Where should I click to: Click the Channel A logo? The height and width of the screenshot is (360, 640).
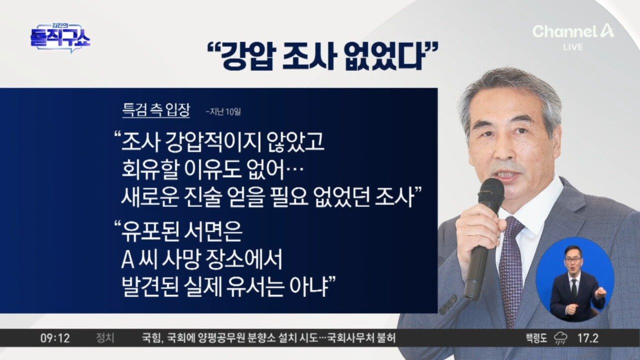tap(573, 31)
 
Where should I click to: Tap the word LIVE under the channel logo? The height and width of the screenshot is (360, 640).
tap(573, 47)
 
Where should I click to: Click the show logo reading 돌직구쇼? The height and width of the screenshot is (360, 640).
tap(60, 38)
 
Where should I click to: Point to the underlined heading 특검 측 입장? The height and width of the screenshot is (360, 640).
tap(156, 110)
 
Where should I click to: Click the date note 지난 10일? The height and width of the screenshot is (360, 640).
tap(223, 111)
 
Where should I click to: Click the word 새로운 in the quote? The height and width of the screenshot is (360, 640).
tap(150, 197)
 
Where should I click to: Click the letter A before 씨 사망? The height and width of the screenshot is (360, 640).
tap(127, 259)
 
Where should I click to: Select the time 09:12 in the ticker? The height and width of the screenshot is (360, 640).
tap(55, 338)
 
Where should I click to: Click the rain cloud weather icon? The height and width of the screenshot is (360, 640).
tap(561, 338)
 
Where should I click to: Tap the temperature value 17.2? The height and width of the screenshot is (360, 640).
tap(587, 338)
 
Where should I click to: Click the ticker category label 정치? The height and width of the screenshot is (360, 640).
tap(105, 338)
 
